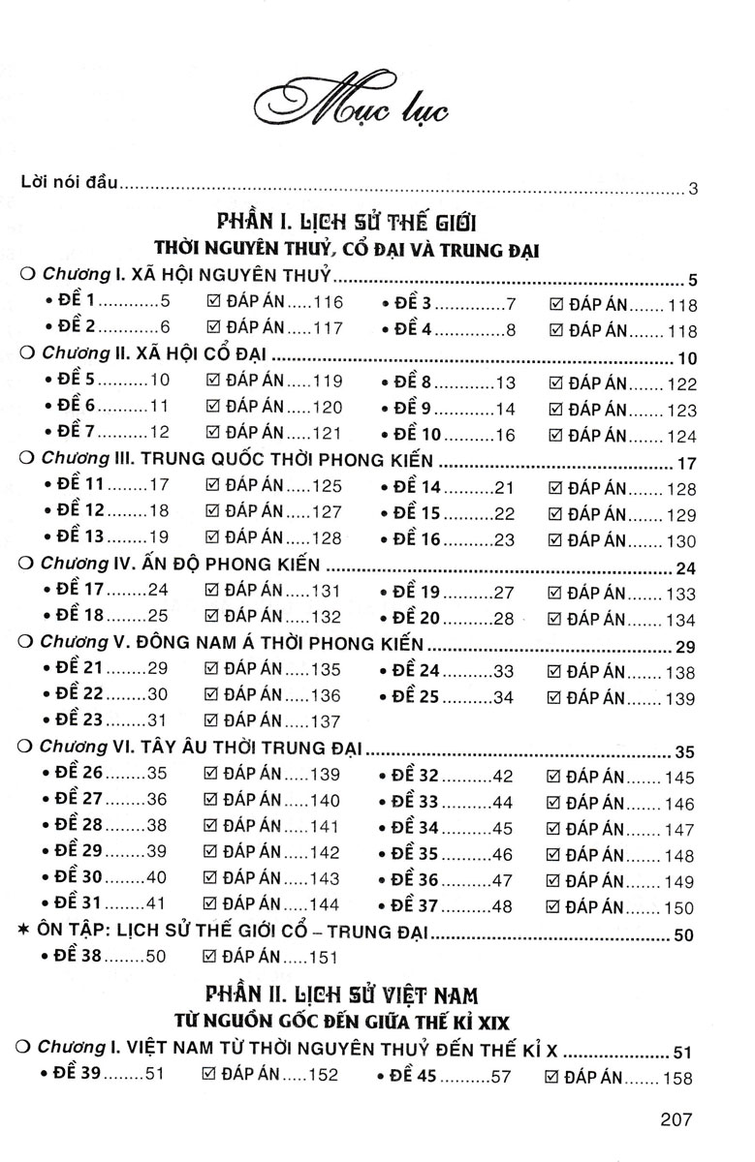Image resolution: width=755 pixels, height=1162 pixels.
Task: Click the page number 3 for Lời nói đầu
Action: pos(693,188)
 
